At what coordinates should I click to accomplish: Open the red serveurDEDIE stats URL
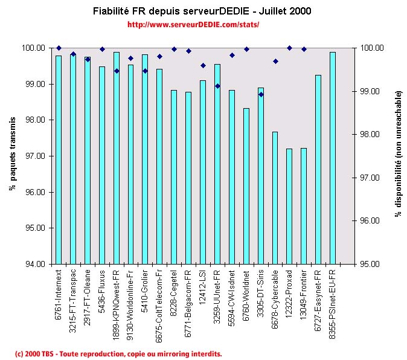coord(194,25)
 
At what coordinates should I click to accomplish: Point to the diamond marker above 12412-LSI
coord(203,65)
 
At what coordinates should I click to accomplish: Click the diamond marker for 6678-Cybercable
coord(275,61)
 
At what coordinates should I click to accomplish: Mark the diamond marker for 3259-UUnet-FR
coord(217,86)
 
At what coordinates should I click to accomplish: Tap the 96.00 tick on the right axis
coord(368,221)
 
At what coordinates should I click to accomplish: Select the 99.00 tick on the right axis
coord(368,91)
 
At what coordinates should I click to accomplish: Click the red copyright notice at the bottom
coord(118,353)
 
